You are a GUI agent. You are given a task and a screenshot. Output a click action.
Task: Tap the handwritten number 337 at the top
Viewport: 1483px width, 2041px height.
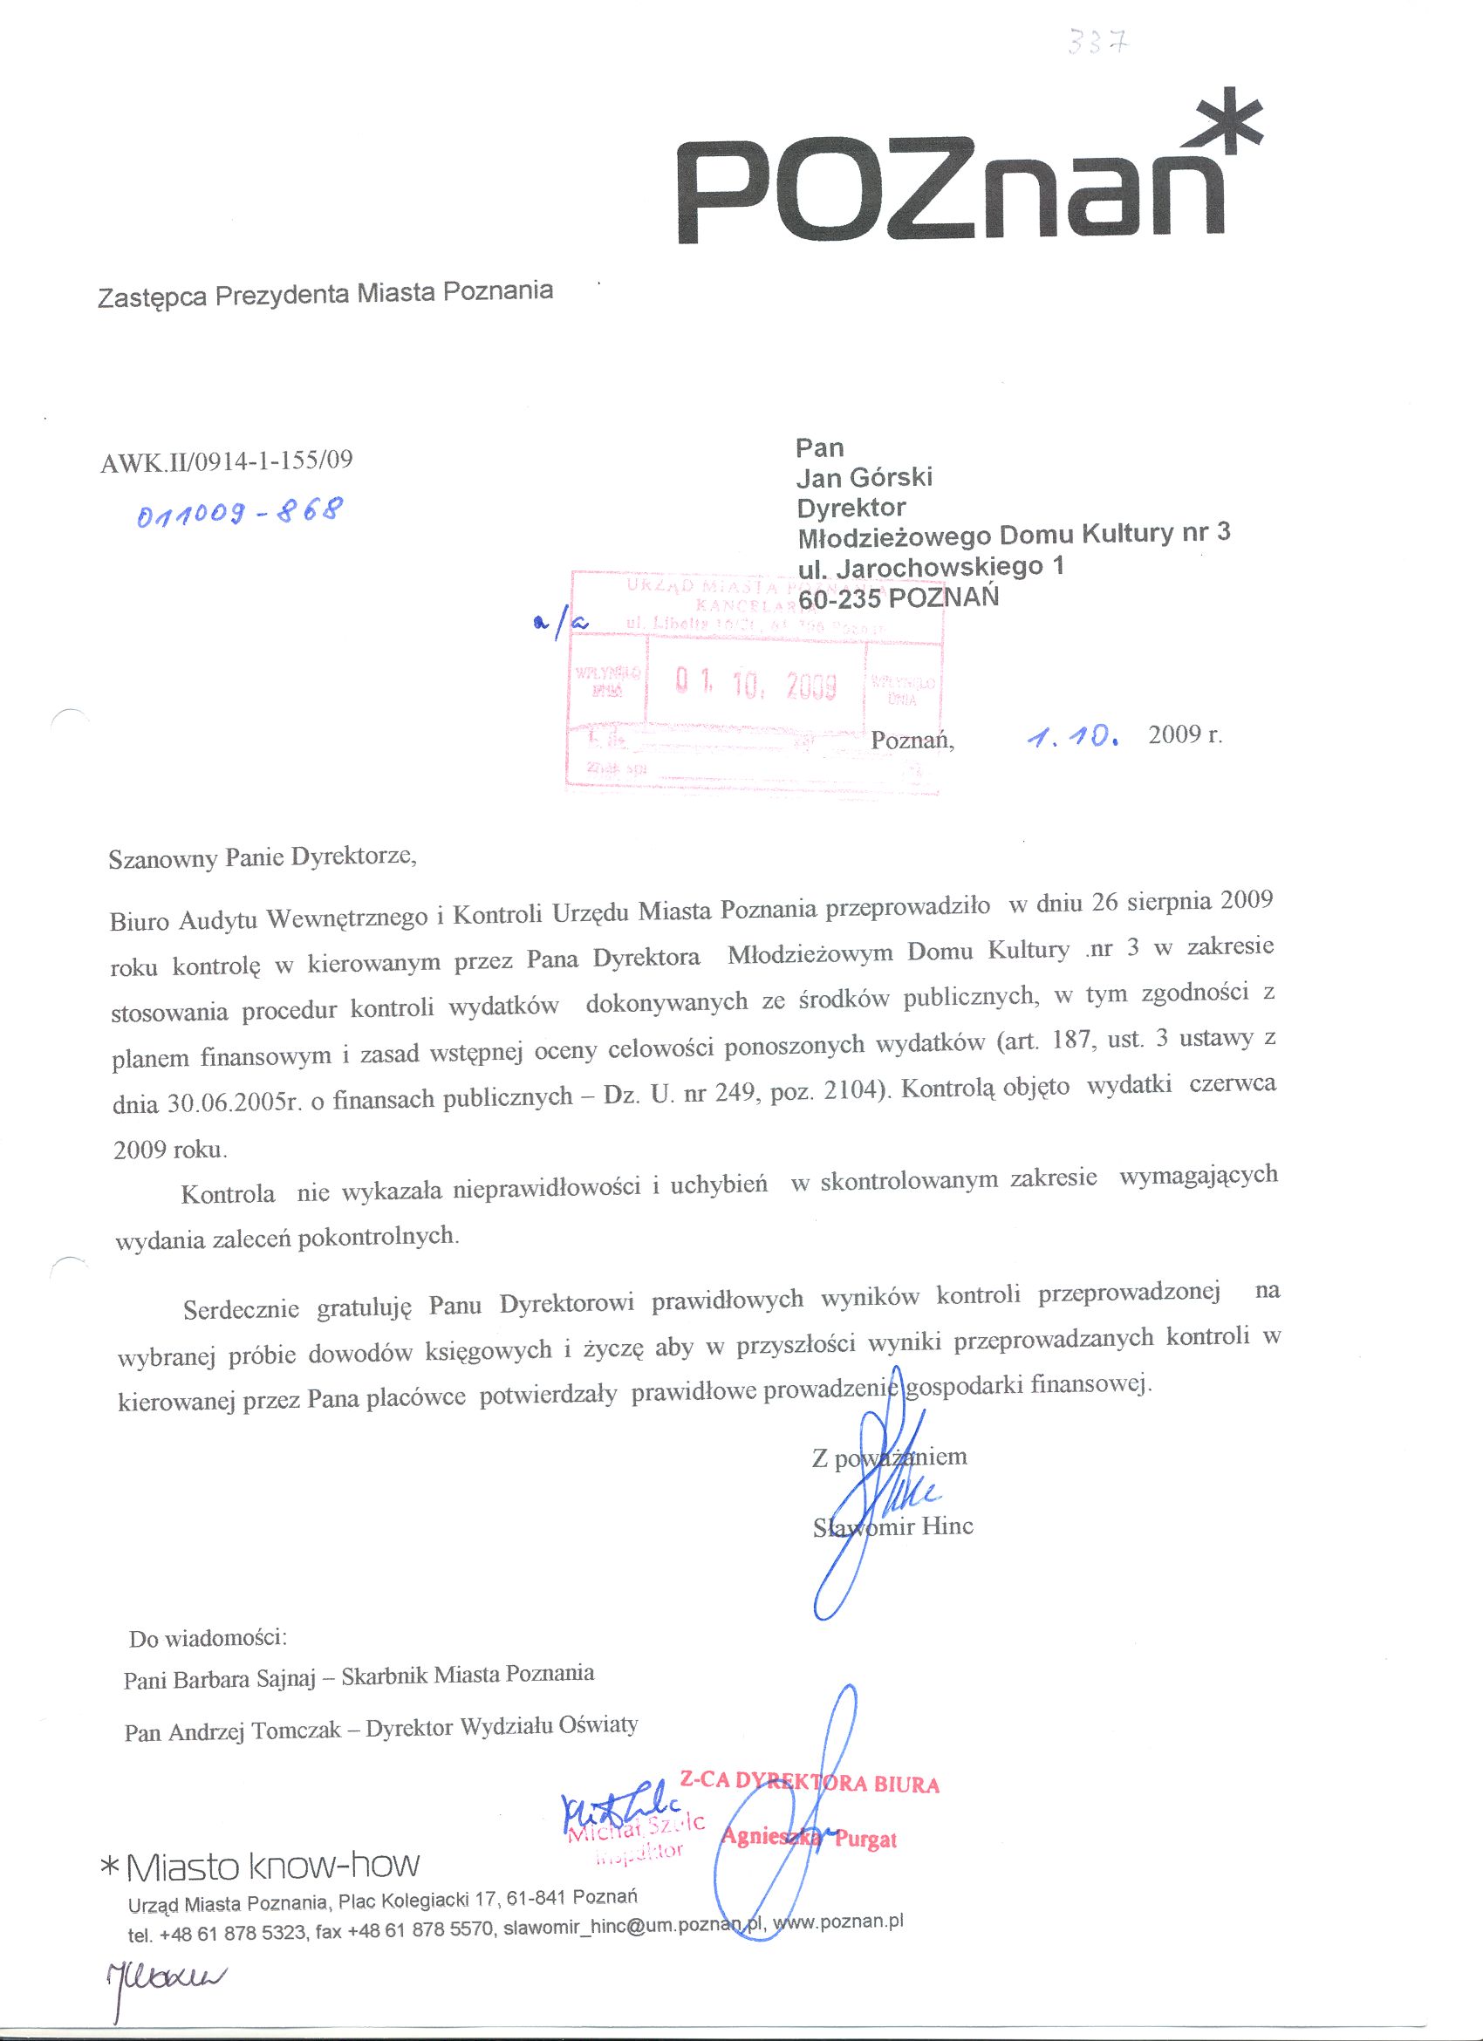[x=1096, y=41]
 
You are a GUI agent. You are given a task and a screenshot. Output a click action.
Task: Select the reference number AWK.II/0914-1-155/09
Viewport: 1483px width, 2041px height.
[x=228, y=461]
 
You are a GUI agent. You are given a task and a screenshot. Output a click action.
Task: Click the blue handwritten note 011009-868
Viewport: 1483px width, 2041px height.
[x=239, y=515]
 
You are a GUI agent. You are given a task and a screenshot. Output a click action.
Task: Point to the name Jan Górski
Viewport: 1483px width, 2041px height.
[x=864, y=477]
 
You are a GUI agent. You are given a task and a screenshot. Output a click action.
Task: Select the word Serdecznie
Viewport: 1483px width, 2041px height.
[x=240, y=1309]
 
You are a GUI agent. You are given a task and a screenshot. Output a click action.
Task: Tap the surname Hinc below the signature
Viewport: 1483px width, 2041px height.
[x=947, y=1526]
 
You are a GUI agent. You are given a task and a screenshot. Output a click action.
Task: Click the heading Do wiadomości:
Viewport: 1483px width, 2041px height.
[x=207, y=1638]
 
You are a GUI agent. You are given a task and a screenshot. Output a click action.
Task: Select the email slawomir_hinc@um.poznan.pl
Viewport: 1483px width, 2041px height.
[x=633, y=1928]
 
